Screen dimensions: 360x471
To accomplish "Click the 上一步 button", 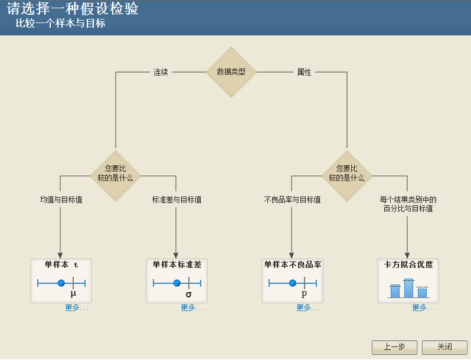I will [x=394, y=348].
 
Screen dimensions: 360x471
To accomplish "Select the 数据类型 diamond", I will [x=231, y=72].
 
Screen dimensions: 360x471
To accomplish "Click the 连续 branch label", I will [x=161, y=72].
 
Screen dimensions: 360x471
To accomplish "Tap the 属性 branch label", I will [x=304, y=72].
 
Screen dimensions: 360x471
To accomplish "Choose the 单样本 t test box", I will [x=61, y=280].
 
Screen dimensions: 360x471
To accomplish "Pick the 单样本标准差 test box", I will [x=176, y=280].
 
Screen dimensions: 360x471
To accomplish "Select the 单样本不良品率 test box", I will [x=292, y=280].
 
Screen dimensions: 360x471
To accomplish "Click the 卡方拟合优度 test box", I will [x=408, y=280].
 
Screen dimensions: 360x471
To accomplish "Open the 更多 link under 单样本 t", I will [x=77, y=307].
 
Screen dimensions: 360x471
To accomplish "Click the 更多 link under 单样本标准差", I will [x=192, y=307].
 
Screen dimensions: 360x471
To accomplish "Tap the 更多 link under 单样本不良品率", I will [x=308, y=307].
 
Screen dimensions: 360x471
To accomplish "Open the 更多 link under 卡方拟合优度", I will [x=424, y=307].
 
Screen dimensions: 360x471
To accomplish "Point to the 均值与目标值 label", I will [x=61, y=199].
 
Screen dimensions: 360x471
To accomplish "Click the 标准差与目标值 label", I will [x=176, y=199].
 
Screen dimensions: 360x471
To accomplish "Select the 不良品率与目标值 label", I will [x=292, y=199].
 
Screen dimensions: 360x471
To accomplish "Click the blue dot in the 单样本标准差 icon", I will [x=176, y=283].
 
